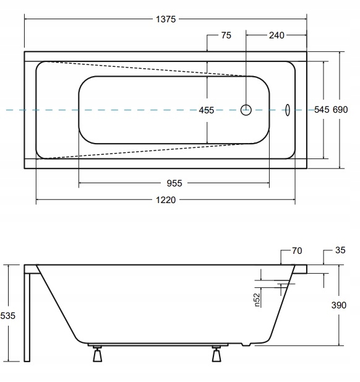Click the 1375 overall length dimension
coord(166,19)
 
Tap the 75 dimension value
coord(226,35)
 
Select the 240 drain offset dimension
coord(276,35)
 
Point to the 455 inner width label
coord(207,110)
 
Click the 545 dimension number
coord(322,110)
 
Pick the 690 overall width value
coord(340,110)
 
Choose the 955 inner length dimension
coord(174,183)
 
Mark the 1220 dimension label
coord(166,200)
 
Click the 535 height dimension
coord(8,316)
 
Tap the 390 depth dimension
coord(338,305)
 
